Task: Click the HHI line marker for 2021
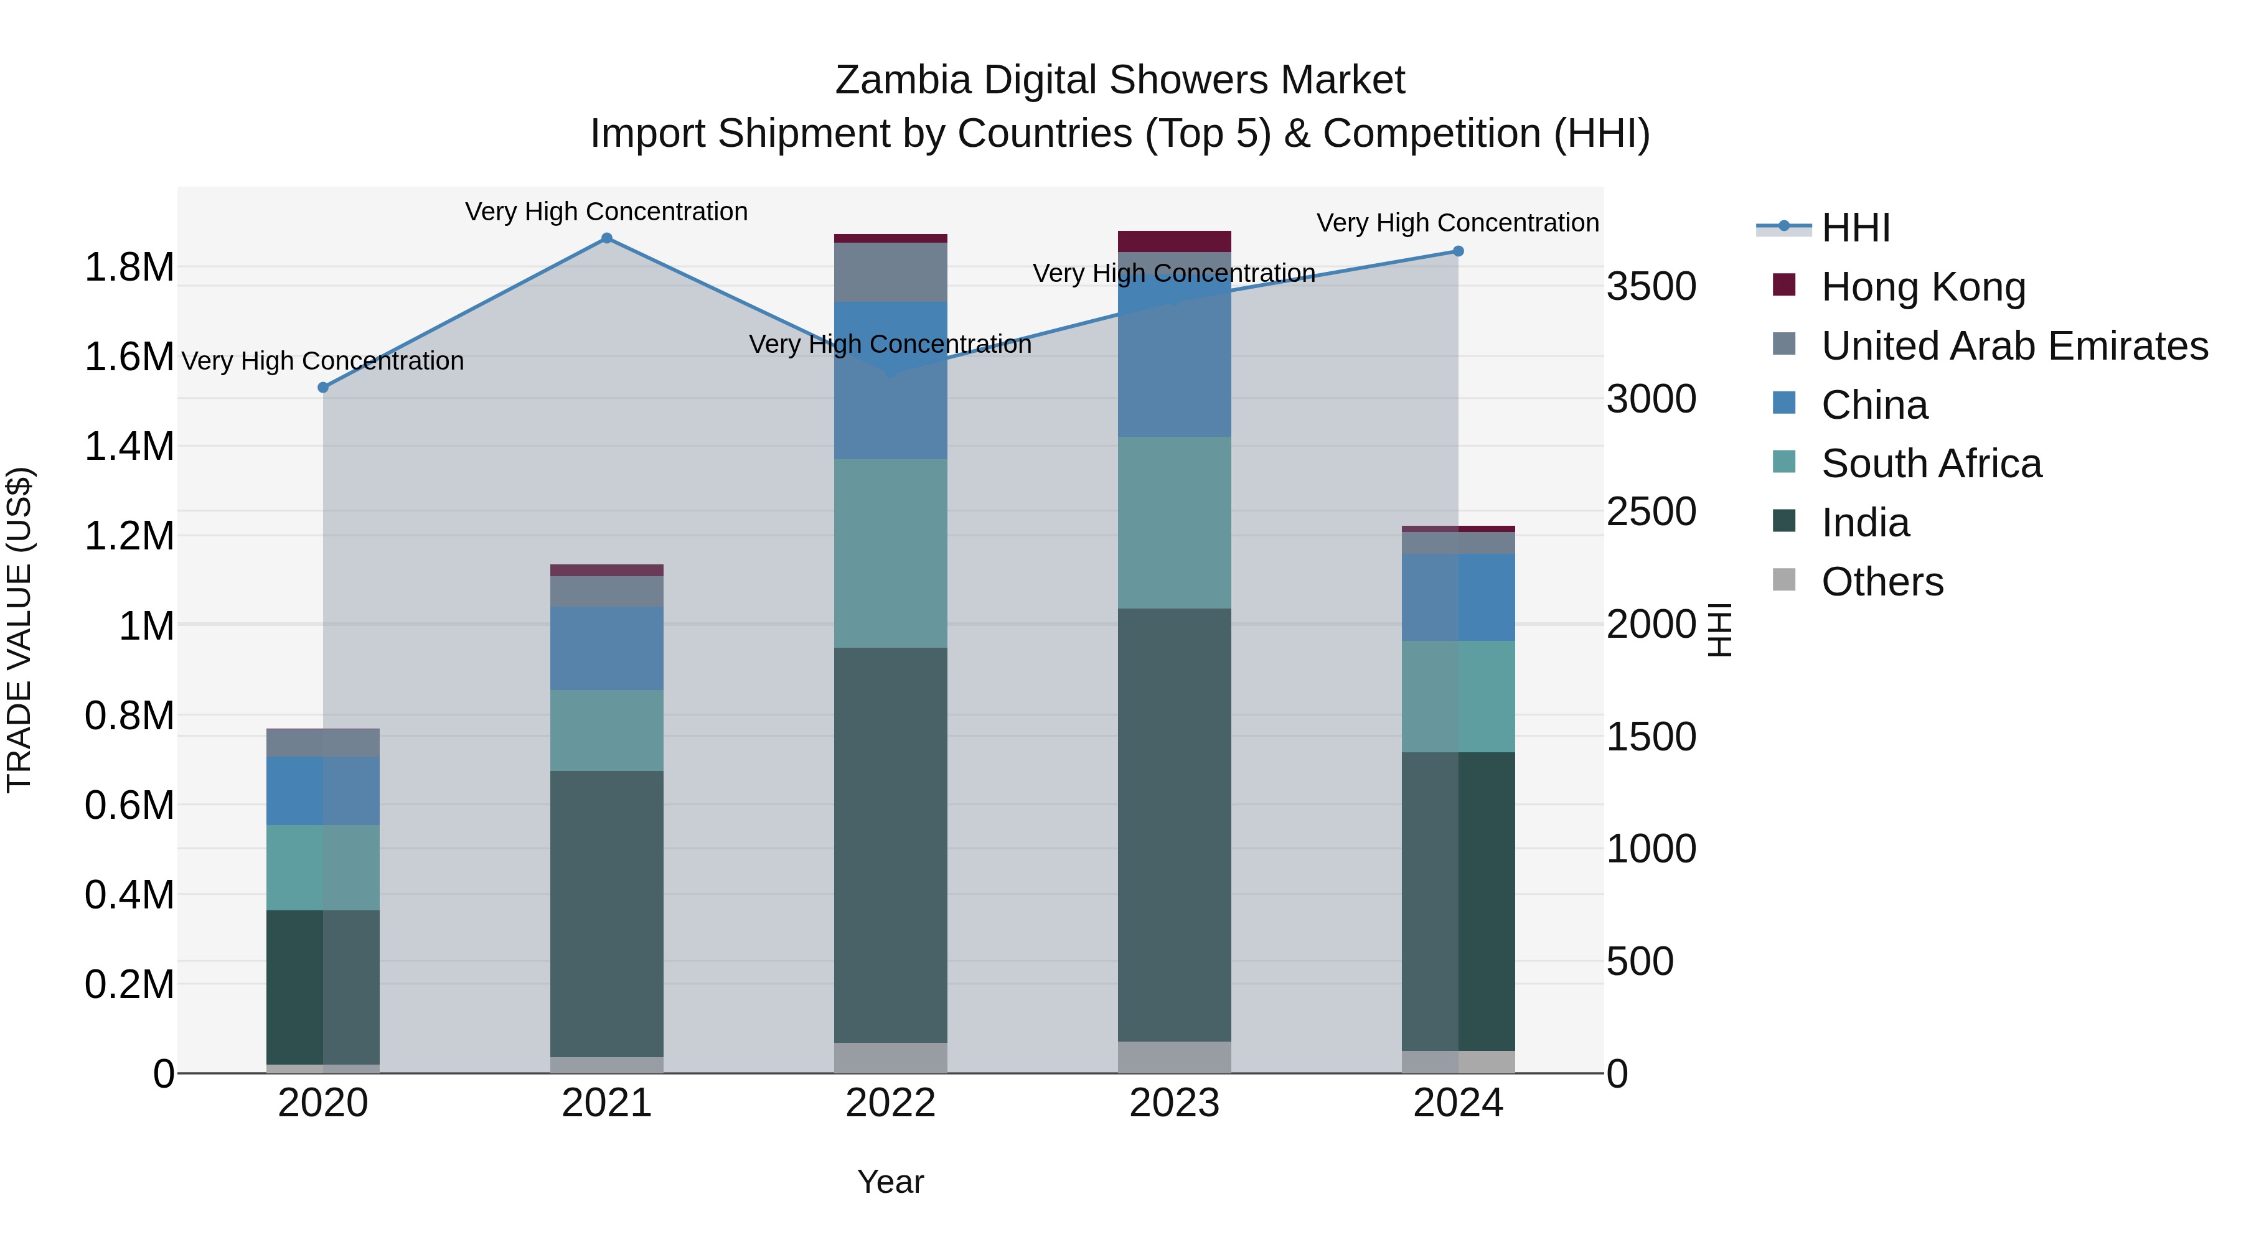point(606,238)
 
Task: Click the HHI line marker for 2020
point(322,387)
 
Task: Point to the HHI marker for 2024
point(1458,251)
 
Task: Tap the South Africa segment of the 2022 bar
point(890,553)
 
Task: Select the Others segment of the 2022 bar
point(890,1057)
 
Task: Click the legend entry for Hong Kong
point(1923,287)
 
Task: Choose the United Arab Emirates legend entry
point(2014,346)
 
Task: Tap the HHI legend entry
point(1855,228)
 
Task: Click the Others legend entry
point(1882,582)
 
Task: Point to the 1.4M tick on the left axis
point(129,447)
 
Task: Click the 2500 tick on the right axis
point(1650,511)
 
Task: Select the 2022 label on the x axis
point(890,1103)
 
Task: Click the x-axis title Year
point(890,1182)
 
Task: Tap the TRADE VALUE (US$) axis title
point(19,630)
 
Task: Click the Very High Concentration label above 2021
point(606,212)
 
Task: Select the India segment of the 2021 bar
point(606,913)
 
